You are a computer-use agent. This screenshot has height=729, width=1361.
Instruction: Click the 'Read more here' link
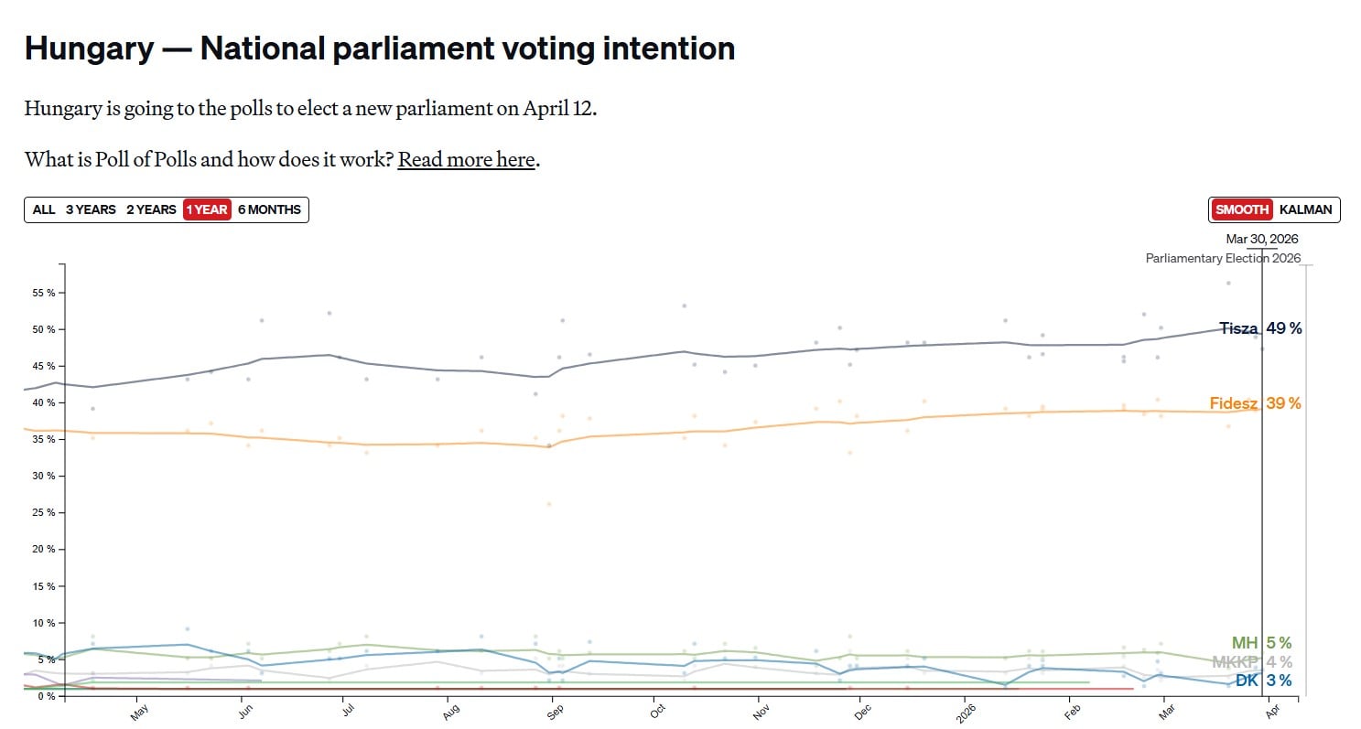pyautogui.click(x=467, y=160)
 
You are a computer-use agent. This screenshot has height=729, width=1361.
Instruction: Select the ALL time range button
pyautogui.click(x=44, y=209)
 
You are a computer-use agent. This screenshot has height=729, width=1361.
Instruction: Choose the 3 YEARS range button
pyautogui.click(x=91, y=209)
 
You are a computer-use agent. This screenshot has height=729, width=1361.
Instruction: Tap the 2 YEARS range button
pyautogui.click(x=151, y=209)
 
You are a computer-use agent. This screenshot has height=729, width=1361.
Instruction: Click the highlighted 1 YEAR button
pyautogui.click(x=207, y=209)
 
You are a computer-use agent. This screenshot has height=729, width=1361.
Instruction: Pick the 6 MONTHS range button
pyautogui.click(x=269, y=209)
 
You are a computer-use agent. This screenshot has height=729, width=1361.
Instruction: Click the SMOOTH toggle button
pyautogui.click(x=1242, y=209)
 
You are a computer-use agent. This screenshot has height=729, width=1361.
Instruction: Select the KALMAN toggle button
pyautogui.click(x=1305, y=209)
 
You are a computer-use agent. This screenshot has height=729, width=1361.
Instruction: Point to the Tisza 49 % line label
pyautogui.click(x=1259, y=328)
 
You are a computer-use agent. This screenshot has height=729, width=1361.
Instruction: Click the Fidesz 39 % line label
pyautogui.click(x=1254, y=403)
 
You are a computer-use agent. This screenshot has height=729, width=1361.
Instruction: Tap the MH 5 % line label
pyautogui.click(x=1260, y=643)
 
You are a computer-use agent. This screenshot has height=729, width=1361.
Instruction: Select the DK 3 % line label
pyautogui.click(x=1263, y=681)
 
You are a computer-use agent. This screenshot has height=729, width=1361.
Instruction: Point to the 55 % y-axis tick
pyautogui.click(x=44, y=293)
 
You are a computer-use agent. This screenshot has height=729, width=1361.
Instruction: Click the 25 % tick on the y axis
pyautogui.click(x=44, y=512)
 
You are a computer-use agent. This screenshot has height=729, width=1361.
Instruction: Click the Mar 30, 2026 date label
pyautogui.click(x=1261, y=240)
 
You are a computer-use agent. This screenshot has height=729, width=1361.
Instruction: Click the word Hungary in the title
pyautogui.click(x=89, y=48)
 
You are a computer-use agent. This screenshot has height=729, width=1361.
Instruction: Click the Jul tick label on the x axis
pyautogui.click(x=348, y=710)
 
